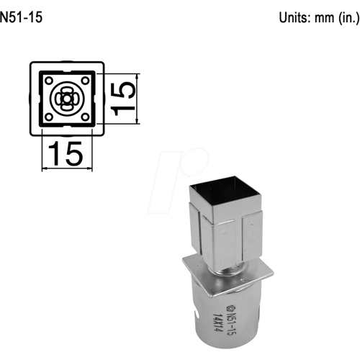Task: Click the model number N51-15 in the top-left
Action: click(22, 18)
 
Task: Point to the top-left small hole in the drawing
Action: click(49, 80)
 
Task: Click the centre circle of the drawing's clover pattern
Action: click(66, 98)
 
